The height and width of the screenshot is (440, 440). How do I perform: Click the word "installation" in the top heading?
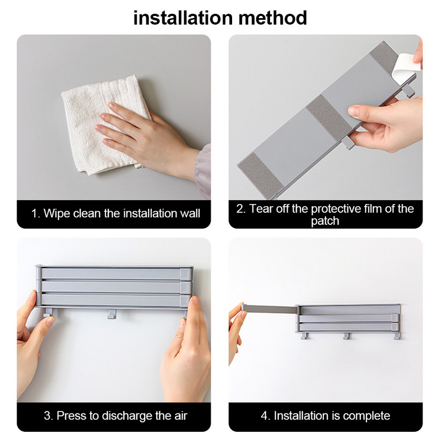point(183,18)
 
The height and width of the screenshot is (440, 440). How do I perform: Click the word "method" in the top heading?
point(273,18)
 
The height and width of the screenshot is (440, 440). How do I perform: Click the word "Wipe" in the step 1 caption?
point(57,213)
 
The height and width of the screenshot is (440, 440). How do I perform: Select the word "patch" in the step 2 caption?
point(325,221)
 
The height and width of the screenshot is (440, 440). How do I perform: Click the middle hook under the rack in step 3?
point(111,313)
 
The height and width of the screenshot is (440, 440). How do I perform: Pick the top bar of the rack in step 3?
point(114,273)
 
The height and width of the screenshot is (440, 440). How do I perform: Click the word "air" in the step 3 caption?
point(180,416)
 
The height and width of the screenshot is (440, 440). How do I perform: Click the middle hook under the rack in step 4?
point(347,336)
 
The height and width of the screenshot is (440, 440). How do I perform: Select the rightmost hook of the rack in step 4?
point(397,336)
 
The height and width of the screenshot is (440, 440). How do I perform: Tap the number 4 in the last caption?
point(264,416)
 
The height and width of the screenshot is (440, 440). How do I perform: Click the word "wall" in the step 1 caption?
point(190,213)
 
